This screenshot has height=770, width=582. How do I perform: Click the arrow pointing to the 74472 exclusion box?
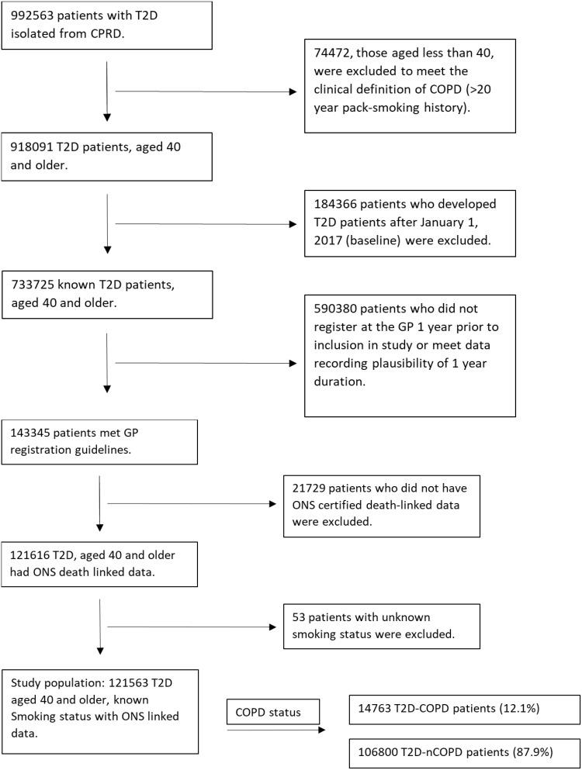pyautogui.click(x=206, y=91)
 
